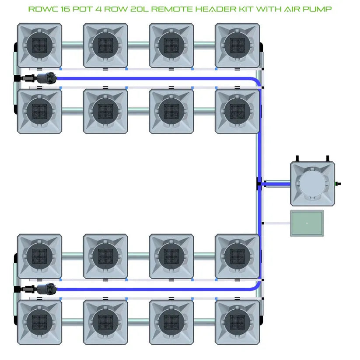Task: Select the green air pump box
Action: click(307, 223)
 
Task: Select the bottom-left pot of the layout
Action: click(39, 322)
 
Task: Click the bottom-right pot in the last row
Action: click(237, 322)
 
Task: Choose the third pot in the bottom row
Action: click(171, 322)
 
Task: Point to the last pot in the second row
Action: click(237, 111)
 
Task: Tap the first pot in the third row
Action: click(39, 256)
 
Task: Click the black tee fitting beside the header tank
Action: click(259, 184)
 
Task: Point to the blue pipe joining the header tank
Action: click(276, 184)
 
